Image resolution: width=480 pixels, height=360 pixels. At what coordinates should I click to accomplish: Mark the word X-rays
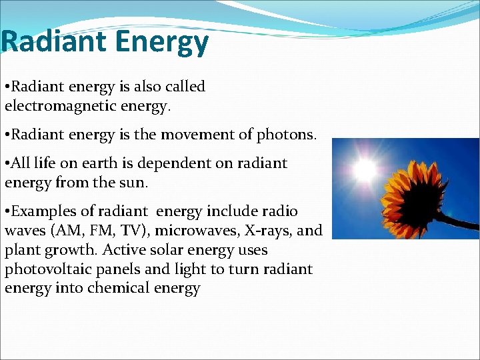click(271, 231)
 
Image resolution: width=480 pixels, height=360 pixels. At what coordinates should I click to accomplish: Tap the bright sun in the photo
click(365, 170)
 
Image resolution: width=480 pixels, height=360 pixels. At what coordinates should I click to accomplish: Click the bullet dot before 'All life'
click(7, 164)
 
